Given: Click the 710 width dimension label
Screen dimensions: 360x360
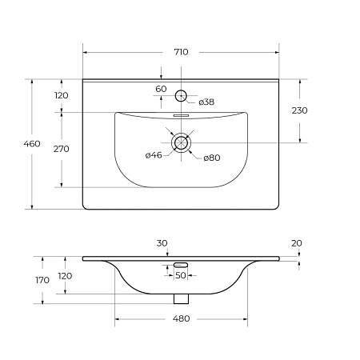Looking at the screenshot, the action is (x=181, y=52).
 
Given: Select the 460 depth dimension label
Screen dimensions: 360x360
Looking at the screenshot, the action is (x=32, y=144).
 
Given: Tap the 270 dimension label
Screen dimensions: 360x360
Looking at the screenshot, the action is (x=62, y=149).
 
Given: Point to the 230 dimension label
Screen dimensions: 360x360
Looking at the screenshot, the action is (x=299, y=110).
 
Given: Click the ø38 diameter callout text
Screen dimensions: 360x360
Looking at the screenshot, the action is (x=206, y=102).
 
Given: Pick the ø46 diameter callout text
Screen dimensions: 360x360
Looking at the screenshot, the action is (x=154, y=155).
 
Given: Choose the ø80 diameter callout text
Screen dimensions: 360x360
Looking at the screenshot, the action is (x=212, y=158).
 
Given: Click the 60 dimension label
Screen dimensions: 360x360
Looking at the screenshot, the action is (x=161, y=89).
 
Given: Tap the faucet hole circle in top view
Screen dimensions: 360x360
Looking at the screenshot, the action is (x=181, y=90).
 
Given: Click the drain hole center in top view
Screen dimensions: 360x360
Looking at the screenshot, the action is (x=181, y=142).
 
